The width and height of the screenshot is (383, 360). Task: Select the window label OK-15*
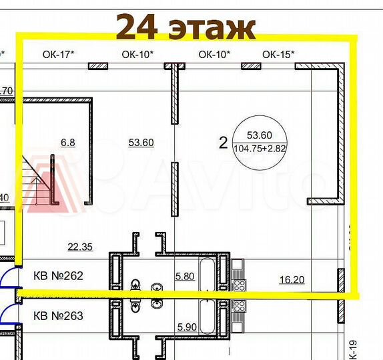278,55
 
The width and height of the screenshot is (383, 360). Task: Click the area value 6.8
68,142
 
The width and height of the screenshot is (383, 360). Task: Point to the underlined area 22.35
80,247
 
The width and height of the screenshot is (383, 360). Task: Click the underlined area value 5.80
184,275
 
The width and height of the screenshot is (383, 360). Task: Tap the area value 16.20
292,280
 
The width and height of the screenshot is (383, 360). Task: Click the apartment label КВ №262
58,275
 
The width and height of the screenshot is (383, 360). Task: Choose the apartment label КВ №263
58,315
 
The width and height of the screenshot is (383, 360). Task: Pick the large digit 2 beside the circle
223,141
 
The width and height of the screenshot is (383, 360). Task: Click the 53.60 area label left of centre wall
141,142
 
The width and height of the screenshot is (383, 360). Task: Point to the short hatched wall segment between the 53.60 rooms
174,189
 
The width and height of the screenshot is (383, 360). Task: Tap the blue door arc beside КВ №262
5,281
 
